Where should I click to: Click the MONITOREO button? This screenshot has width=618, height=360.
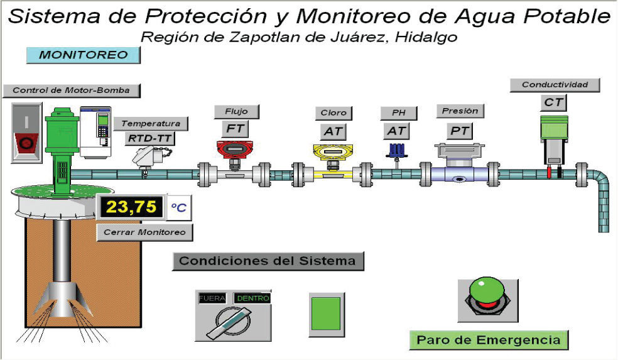[83, 55]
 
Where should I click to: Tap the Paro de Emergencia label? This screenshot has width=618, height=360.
[489, 340]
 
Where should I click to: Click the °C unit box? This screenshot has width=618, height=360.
[179, 207]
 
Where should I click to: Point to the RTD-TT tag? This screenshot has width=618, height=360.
[150, 138]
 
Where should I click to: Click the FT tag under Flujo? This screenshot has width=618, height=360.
[236, 129]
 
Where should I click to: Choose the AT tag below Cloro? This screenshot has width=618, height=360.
[333, 131]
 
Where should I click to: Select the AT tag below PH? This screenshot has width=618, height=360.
[396, 131]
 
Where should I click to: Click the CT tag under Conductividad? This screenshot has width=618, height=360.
[553, 102]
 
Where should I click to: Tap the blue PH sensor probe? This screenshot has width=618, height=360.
[396, 151]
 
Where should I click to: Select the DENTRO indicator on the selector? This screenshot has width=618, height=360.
[252, 298]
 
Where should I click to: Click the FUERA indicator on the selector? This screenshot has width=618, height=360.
[212, 298]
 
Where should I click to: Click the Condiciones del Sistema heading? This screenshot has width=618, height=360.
[268, 261]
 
